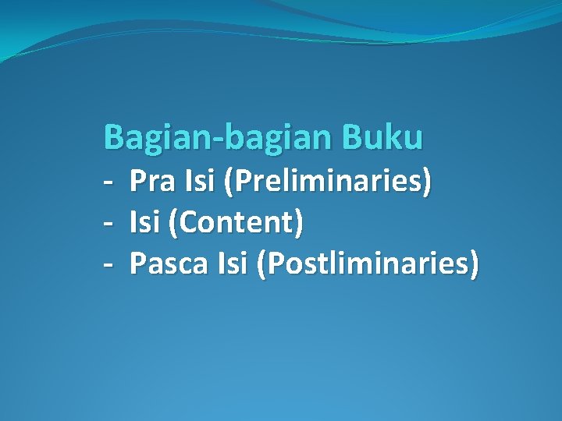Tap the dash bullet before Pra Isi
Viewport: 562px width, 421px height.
coord(108,184)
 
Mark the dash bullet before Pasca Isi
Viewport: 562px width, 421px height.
coord(108,266)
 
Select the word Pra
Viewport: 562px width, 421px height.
coord(153,182)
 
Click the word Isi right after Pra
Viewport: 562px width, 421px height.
coord(201,182)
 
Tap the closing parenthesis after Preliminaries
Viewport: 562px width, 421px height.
coord(426,183)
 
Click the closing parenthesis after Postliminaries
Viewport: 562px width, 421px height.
coord(474,265)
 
